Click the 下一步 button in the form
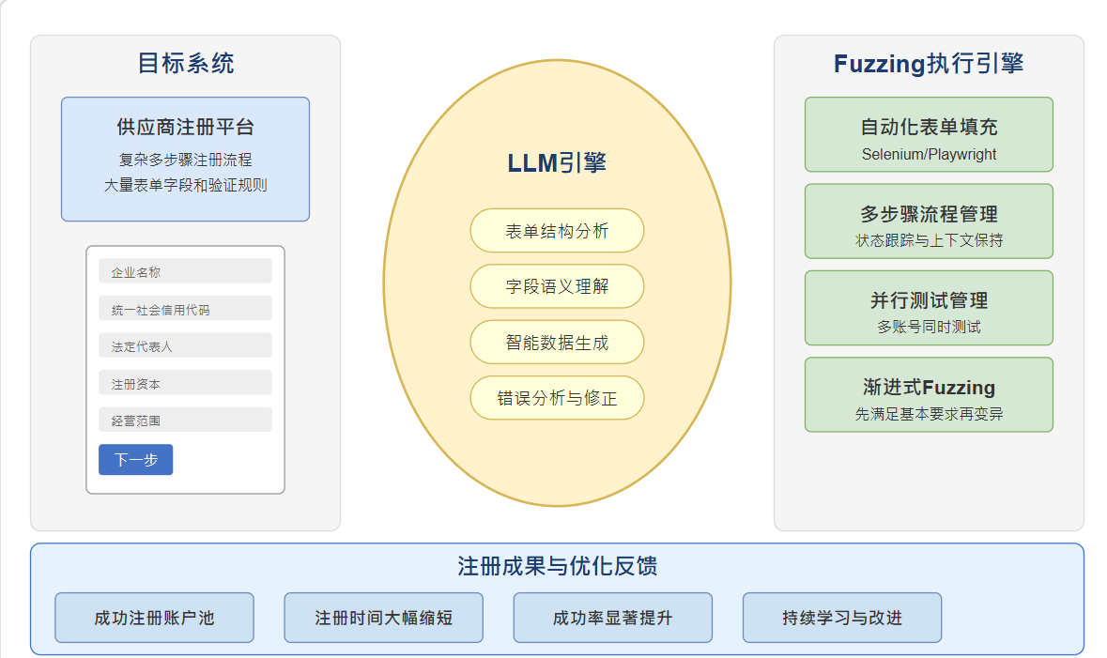pyautogui.click(x=135, y=460)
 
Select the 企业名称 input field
pyautogui.click(x=185, y=271)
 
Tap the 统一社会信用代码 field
pyautogui.click(x=185, y=309)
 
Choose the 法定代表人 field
pyautogui.click(x=185, y=345)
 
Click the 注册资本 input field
pyautogui.click(x=185, y=383)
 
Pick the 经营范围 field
pyautogui.click(x=185, y=420)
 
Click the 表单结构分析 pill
pyautogui.click(x=557, y=231)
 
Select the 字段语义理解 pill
pyautogui.click(x=557, y=286)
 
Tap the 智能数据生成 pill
pyautogui.click(x=557, y=343)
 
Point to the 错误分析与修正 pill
pyautogui.click(x=557, y=398)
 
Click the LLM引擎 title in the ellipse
pyautogui.click(x=557, y=162)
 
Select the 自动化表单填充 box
pyautogui.click(x=929, y=134)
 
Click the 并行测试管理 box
pyautogui.click(x=929, y=308)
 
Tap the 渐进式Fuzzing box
pyautogui.click(x=929, y=394)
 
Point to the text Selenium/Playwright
pyautogui.click(x=929, y=154)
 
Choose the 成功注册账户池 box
pyautogui.click(x=154, y=618)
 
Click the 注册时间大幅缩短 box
pyautogui.click(x=383, y=618)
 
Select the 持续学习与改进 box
pyautogui.click(x=841, y=618)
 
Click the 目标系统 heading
pyautogui.click(x=185, y=63)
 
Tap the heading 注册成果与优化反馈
pyautogui.click(x=557, y=566)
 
